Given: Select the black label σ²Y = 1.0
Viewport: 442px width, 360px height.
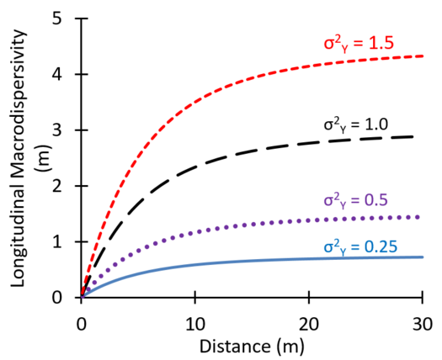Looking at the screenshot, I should point(355,123).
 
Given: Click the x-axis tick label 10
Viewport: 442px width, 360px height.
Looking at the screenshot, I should point(194,323).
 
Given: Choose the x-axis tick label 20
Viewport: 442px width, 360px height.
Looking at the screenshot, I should point(309,323).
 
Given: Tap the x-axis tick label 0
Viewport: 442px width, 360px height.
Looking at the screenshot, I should point(81,323).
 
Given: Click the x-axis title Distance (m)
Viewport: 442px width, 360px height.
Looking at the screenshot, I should point(251,346).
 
